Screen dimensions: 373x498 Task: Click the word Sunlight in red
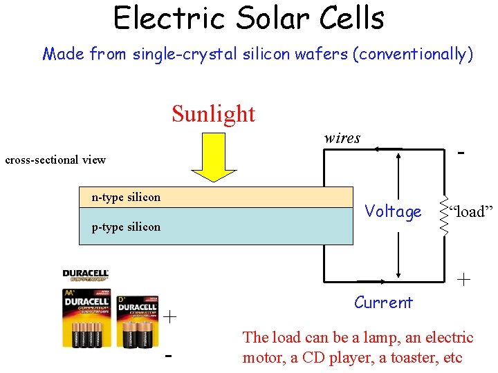pos(213,113)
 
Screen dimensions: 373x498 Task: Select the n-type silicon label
pos(126,198)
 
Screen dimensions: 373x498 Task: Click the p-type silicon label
pos(126,227)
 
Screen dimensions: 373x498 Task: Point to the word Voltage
pos(393,211)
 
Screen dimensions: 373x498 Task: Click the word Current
pos(383,303)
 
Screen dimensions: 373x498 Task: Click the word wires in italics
pos(342,138)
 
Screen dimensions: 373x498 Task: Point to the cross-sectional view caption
pos(55,160)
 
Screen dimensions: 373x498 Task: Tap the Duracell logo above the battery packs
pos(86,275)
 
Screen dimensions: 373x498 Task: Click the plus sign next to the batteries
pos(170,317)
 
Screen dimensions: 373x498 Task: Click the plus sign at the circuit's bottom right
pos(463,280)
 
